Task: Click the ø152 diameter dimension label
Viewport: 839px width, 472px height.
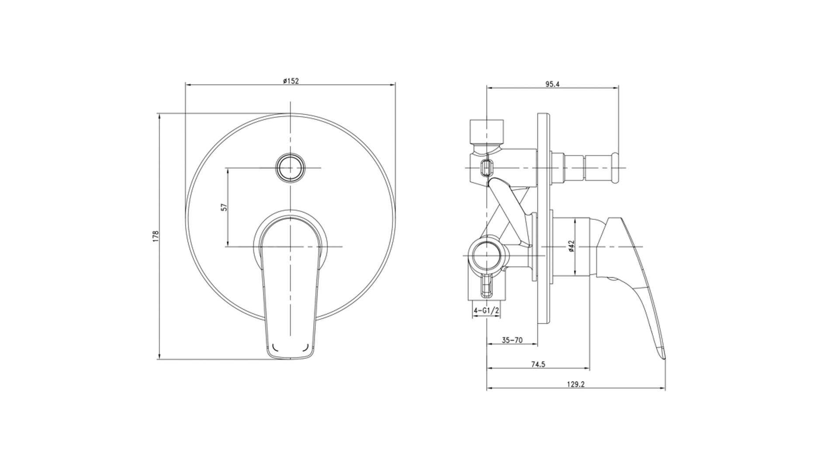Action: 291,81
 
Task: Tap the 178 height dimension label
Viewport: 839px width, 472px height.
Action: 156,236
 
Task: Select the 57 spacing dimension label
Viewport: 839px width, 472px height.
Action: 224,207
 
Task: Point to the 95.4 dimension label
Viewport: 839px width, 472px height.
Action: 552,84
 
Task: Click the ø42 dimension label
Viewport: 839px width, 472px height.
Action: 571,246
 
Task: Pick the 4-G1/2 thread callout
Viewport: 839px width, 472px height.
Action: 486,311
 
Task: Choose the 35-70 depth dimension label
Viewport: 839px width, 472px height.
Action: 512,340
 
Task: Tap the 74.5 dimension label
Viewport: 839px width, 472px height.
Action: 538,364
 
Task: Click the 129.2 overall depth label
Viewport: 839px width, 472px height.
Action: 576,384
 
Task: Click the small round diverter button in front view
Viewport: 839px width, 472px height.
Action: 290,167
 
